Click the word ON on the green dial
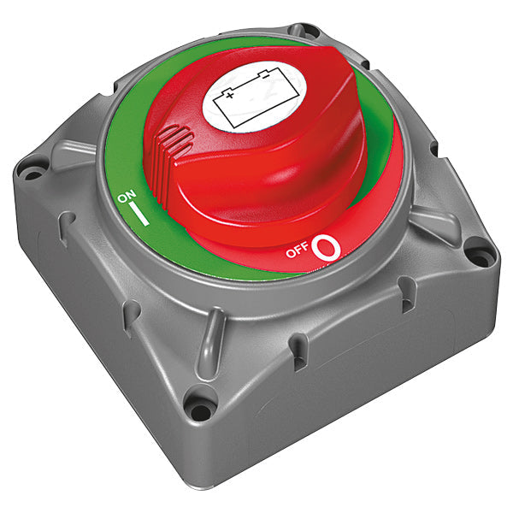[x=127, y=197]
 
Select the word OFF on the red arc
[x=297, y=251]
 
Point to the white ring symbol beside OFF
[x=327, y=248]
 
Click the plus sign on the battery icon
[x=230, y=96]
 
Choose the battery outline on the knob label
[x=256, y=97]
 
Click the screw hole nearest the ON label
[x=33, y=174]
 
